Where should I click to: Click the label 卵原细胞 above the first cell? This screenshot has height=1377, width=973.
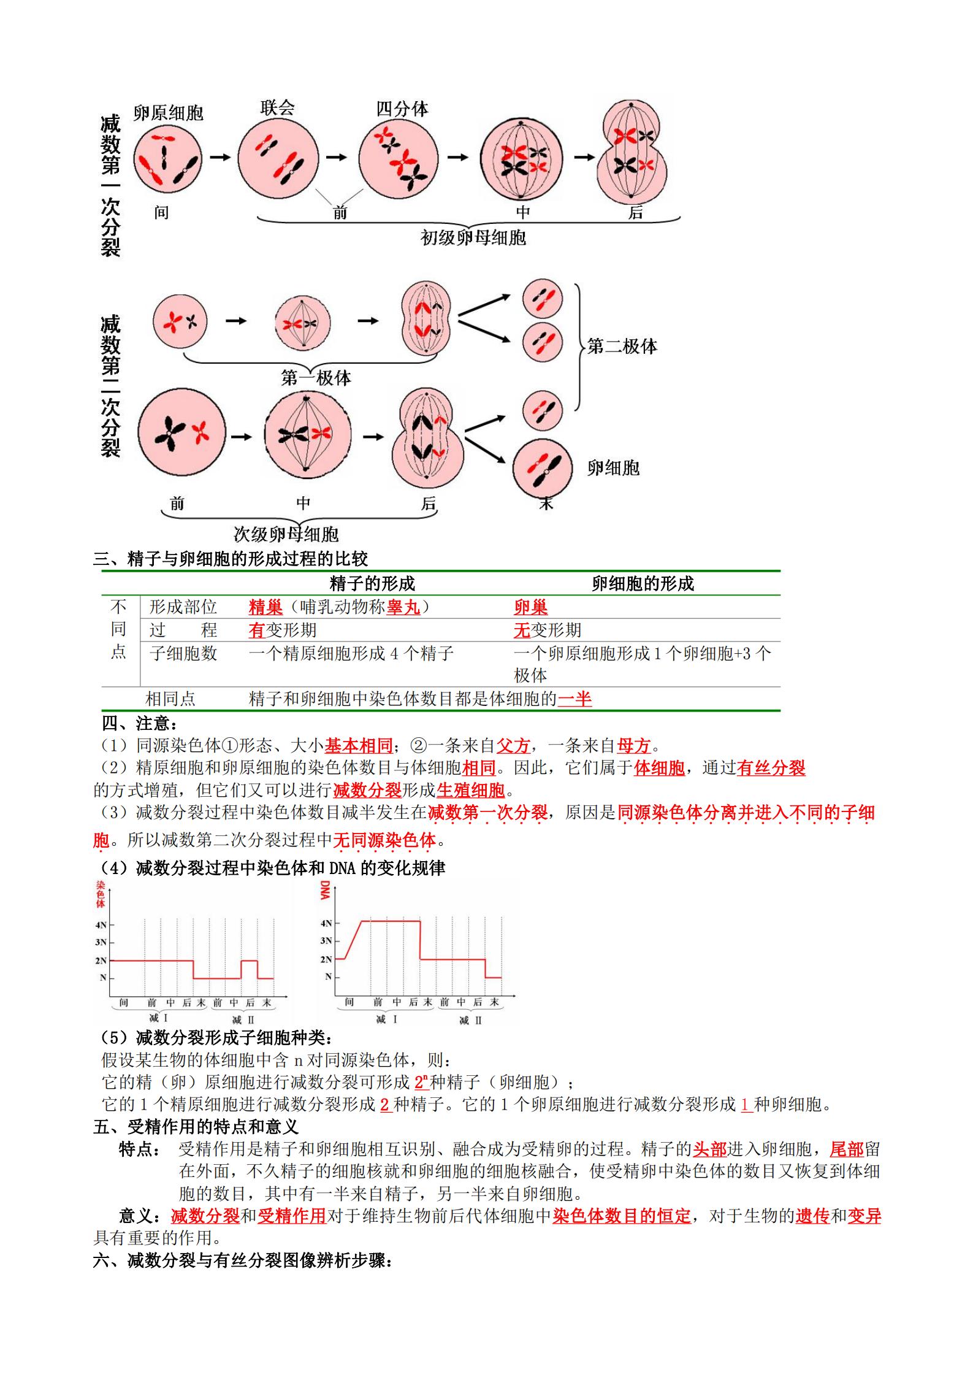pos(168,113)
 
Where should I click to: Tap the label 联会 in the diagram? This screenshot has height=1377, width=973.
pos(277,109)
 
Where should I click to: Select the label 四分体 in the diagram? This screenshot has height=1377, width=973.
pos(402,109)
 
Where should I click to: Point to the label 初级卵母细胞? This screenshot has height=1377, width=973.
pos(473,237)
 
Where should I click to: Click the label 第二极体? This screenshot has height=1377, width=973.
pos(622,347)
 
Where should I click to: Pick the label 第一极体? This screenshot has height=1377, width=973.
pos(316,378)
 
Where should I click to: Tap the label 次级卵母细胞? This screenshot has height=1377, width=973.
pos(286,534)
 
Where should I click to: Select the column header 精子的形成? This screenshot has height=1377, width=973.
pos(372,583)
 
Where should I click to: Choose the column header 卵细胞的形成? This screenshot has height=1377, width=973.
pos(643,583)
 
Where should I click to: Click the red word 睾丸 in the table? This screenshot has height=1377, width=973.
pos(403,607)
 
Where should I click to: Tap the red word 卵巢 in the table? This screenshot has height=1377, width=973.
pos(530,607)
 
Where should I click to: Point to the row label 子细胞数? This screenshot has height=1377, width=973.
pos(183,653)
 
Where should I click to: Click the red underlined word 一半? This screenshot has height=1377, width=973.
pos(575,699)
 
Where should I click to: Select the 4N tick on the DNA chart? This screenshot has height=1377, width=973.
pos(326,923)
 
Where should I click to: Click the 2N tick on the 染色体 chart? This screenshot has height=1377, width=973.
pos(102,961)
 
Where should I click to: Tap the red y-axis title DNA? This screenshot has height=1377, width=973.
pos(325,891)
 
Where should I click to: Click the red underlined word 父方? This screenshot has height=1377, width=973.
pos(513,746)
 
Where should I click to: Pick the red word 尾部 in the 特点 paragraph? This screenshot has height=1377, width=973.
pos(846,1149)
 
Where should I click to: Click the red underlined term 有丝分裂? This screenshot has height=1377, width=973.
pos(771,768)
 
